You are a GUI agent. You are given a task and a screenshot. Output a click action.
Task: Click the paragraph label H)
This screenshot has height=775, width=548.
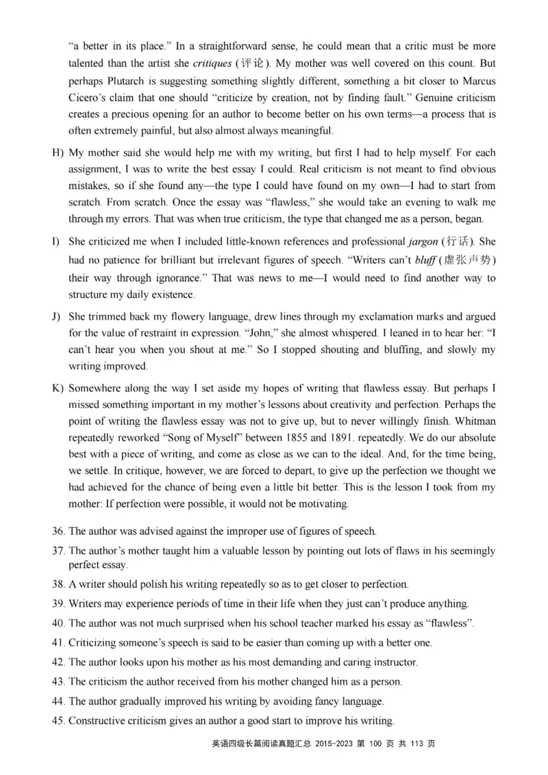point(58,153)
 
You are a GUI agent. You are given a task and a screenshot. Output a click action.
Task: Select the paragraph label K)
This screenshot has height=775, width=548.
point(58,387)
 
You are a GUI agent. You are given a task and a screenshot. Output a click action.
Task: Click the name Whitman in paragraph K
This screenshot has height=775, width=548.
point(475,421)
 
